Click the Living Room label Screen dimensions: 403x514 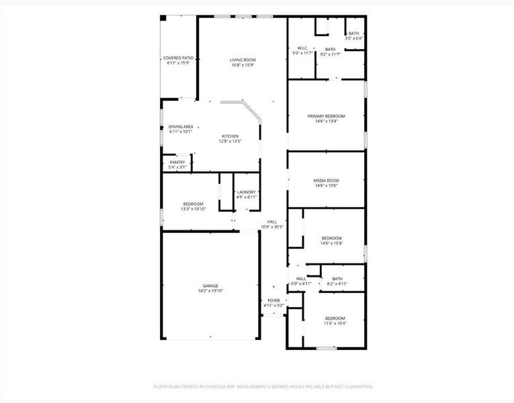click(x=243, y=60)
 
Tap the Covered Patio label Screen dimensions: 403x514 click(x=178, y=58)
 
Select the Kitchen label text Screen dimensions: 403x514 click(x=230, y=136)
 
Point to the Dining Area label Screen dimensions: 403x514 click(x=181, y=126)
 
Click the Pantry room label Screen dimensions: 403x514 click(x=177, y=162)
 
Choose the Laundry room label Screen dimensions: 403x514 click(x=246, y=192)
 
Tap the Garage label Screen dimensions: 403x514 click(x=210, y=285)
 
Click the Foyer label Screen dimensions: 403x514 click(x=273, y=300)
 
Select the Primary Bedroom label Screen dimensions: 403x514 click(x=326, y=116)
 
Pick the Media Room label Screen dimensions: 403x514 click(x=326, y=180)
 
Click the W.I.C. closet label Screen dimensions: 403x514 click(x=302, y=48)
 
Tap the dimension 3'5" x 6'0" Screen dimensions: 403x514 click(x=353, y=38)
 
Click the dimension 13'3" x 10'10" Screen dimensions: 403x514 click(x=193, y=209)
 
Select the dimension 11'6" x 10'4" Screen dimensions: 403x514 click(x=335, y=323)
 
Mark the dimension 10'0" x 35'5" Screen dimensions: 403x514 click(x=272, y=227)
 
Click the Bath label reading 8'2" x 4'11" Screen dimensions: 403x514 click(x=337, y=279)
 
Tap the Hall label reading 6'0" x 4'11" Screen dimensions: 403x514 click(x=301, y=279)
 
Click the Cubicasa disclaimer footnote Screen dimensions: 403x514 click(x=263, y=386)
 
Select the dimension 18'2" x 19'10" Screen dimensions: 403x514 click(x=210, y=291)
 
